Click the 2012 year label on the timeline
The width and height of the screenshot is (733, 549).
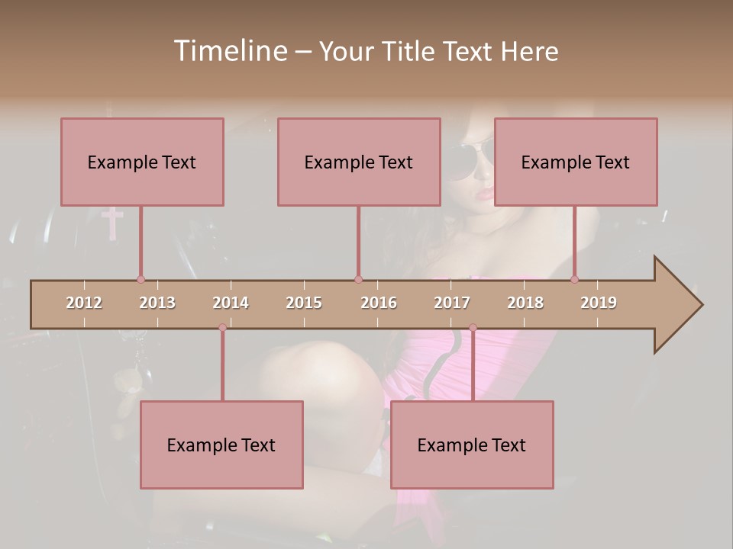click(x=84, y=303)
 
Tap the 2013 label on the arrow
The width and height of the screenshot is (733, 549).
click(x=157, y=303)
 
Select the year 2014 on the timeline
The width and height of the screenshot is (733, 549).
click(x=231, y=303)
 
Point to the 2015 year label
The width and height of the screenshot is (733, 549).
click(x=304, y=303)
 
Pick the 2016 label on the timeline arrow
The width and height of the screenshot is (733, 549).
click(x=379, y=303)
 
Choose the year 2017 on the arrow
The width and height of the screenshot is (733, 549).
click(x=452, y=303)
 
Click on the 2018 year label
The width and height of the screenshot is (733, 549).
click(x=525, y=303)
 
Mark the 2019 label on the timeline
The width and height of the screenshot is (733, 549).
click(x=599, y=303)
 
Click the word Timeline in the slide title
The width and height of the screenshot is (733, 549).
click(x=230, y=51)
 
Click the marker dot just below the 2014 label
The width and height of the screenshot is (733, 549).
click(x=222, y=328)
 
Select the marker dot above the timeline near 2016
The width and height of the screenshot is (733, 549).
click(x=358, y=279)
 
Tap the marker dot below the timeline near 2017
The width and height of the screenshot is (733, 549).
click(x=473, y=328)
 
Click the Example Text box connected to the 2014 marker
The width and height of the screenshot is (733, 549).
click(x=221, y=445)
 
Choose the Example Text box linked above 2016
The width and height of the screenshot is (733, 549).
click(x=359, y=162)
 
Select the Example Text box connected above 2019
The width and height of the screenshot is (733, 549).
click(x=576, y=162)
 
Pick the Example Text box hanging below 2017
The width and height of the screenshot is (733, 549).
click(x=472, y=445)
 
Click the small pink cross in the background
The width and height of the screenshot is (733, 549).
click(x=112, y=221)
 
